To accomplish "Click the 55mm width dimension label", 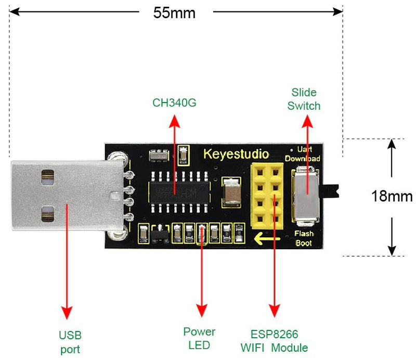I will pos(174,12).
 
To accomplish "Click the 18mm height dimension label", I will pos(392,196).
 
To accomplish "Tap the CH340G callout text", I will pos(174,102).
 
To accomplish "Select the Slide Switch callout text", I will pos(304,99).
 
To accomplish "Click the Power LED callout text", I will pos(199,338).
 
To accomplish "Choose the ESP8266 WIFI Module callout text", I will pos(275,341).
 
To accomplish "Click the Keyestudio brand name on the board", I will pos(236,155).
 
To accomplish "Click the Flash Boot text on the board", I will pos(304,238).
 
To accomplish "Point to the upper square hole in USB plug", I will pos(47,177).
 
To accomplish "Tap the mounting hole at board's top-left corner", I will pos(115,156).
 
